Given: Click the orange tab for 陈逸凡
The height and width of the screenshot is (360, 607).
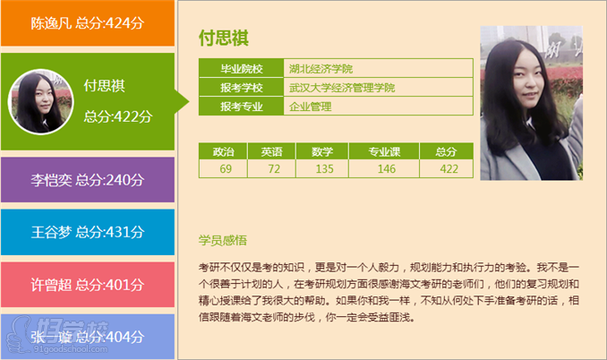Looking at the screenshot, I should click(87, 23).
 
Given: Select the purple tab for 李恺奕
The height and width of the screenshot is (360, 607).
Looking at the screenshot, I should click(87, 179).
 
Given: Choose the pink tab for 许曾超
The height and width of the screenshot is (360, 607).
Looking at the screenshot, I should click(87, 285).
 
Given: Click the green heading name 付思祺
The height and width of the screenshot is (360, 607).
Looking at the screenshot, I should click(223, 39).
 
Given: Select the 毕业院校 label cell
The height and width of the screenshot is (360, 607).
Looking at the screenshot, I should click(242, 69).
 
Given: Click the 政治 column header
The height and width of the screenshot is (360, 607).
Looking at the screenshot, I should click(224, 151).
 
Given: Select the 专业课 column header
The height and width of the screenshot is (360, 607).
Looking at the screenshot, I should click(386, 151).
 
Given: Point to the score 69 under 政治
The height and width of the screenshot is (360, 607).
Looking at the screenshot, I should click(224, 168).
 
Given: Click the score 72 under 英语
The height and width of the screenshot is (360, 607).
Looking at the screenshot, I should click(273, 168).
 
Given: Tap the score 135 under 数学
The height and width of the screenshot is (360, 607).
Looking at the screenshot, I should click(323, 168).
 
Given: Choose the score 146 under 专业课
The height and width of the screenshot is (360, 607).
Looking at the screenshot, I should click(386, 168).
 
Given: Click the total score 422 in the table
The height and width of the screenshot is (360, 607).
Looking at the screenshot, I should click(449, 168).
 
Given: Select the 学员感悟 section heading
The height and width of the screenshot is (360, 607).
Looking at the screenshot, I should click(223, 240).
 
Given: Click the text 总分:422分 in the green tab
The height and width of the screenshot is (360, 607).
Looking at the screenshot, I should click(117, 116).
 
